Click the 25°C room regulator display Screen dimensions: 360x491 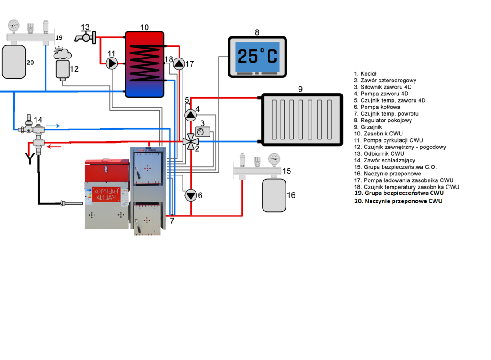(257, 56)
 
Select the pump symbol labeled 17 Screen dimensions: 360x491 (179, 64)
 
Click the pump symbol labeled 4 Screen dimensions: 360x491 (191, 115)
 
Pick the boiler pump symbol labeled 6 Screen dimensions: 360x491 (191, 195)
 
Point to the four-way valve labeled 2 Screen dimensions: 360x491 (191, 141)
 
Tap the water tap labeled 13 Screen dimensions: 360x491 (87, 36)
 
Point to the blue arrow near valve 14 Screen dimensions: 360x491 (53, 126)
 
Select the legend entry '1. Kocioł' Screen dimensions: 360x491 (365, 73)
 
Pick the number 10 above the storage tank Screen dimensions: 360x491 (144, 27)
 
